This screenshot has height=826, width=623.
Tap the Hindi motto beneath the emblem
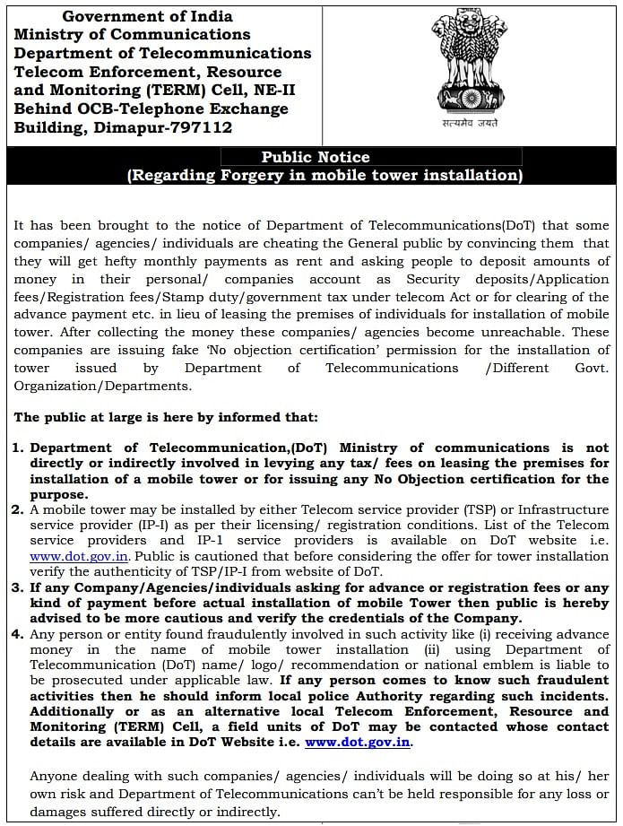pos(463,123)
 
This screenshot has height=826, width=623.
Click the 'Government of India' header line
pos(147,16)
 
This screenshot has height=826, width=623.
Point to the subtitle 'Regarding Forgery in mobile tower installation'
pos(324,176)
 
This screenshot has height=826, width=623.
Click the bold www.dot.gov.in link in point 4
pos(358,743)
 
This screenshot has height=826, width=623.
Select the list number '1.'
pos(18,448)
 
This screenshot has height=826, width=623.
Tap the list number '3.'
pos(18,588)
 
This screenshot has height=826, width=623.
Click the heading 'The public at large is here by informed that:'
pos(165,417)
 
